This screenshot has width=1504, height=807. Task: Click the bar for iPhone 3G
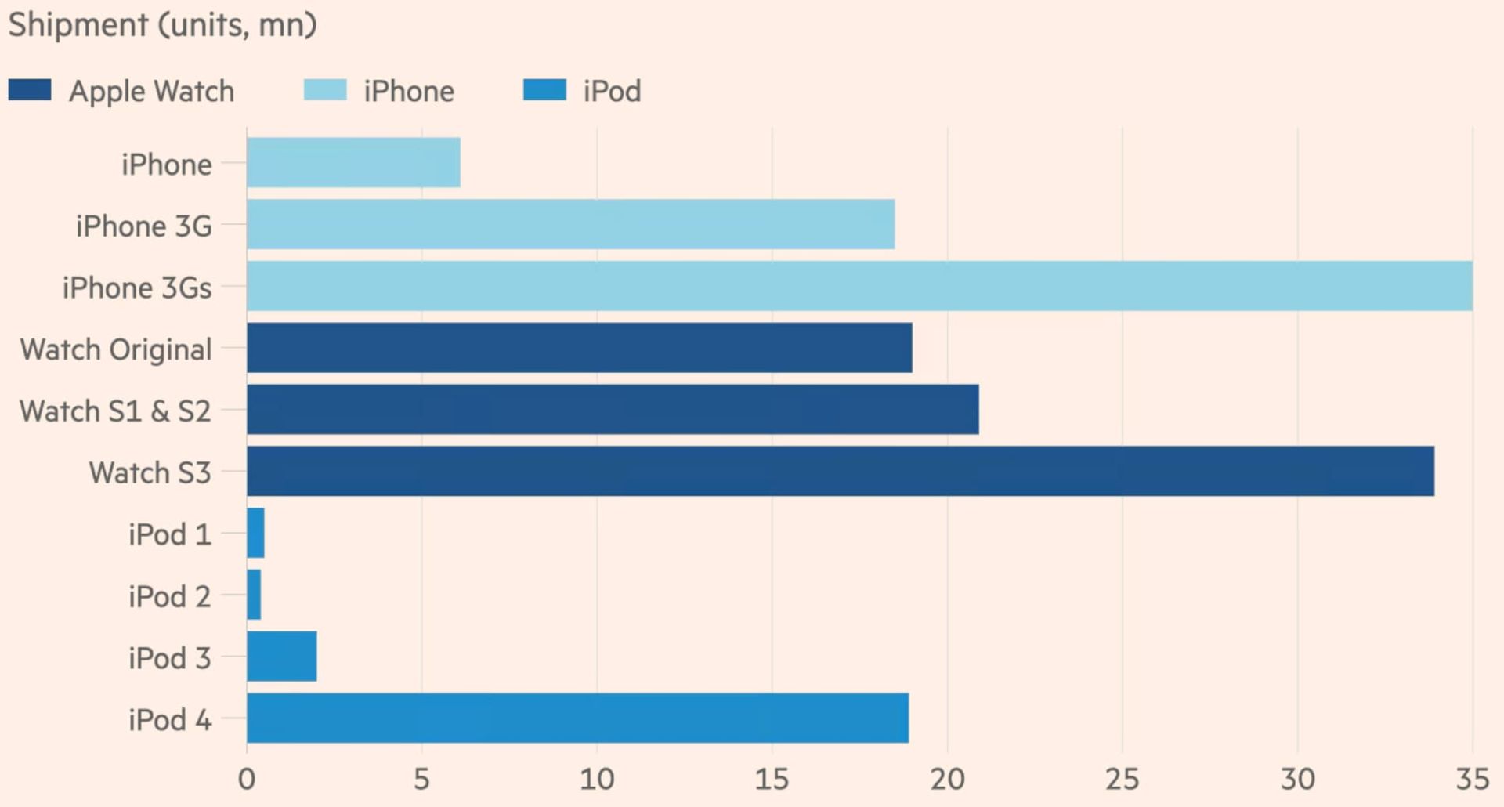click(570, 224)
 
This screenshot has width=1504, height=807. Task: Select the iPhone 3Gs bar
click(859, 286)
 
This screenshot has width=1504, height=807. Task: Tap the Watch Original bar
click(579, 347)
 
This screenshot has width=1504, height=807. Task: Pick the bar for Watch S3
click(840, 471)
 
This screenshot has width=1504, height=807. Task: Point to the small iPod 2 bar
click(254, 595)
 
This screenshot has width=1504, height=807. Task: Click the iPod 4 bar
click(577, 718)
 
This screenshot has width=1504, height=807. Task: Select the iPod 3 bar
click(281, 657)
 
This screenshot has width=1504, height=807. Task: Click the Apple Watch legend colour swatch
click(30, 90)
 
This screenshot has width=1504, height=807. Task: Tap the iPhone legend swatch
click(325, 90)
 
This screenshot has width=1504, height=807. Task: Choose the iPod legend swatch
click(544, 90)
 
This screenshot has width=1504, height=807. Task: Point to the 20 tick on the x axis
click(947, 779)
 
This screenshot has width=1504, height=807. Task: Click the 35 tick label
click(1472, 779)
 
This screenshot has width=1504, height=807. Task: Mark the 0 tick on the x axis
click(247, 779)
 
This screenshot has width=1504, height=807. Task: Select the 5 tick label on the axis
click(421, 779)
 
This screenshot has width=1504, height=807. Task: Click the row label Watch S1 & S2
click(115, 411)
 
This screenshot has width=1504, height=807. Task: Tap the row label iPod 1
click(170, 534)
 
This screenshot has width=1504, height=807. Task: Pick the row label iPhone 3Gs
click(137, 288)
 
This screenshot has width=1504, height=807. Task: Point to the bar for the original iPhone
click(353, 162)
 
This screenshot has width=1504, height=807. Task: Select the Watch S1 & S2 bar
click(613, 409)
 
